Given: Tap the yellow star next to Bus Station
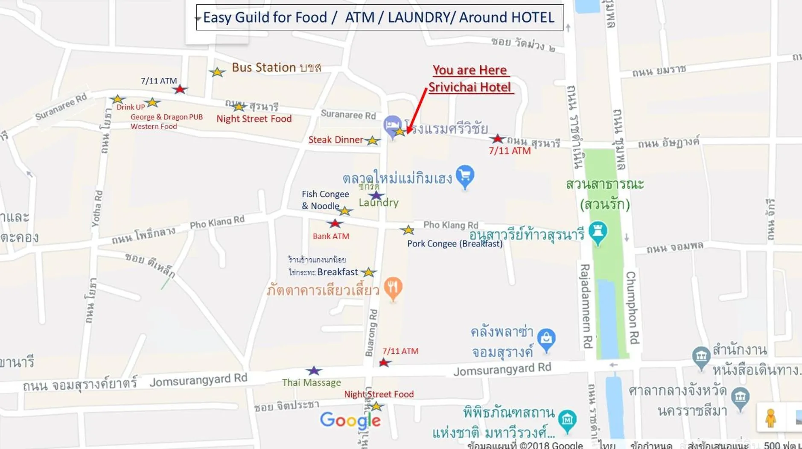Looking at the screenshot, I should click(x=217, y=72).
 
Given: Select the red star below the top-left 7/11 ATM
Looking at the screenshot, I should click(x=180, y=89).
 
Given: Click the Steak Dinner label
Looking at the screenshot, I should click(x=335, y=140).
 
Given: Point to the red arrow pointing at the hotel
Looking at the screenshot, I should click(x=416, y=111).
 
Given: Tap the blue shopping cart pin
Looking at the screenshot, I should click(x=465, y=176).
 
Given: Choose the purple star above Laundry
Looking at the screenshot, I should click(x=376, y=195).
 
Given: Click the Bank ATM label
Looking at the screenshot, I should click(x=331, y=236).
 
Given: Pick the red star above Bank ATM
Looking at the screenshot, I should click(x=335, y=223).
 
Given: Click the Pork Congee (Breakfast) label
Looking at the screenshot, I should click(x=455, y=244).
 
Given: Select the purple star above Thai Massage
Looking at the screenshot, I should click(x=314, y=370).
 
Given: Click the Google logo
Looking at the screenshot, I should click(x=350, y=420).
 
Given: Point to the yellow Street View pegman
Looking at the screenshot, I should click(x=770, y=418).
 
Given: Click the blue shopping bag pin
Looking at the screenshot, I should click(x=546, y=339).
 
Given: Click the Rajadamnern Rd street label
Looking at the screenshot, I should click(x=586, y=305).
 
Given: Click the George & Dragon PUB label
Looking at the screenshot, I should click(x=166, y=117).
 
